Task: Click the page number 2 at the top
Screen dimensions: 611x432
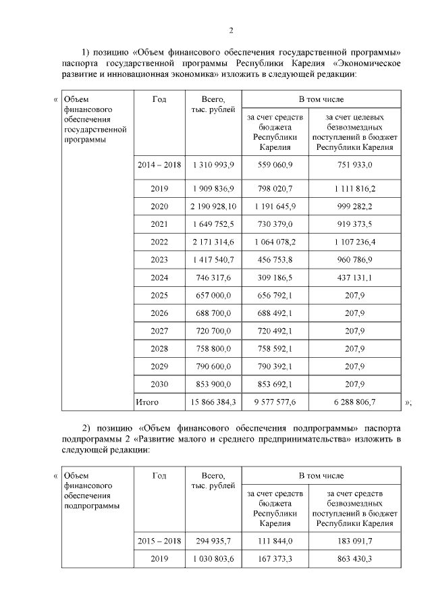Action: click(230, 30)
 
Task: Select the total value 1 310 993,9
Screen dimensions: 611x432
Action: click(213, 165)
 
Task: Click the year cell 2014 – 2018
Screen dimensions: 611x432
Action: click(159, 165)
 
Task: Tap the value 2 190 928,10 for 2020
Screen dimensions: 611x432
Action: click(213, 207)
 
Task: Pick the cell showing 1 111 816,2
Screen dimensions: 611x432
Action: click(350, 189)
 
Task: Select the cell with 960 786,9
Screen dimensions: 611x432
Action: click(350, 259)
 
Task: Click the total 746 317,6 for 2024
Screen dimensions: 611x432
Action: click(213, 277)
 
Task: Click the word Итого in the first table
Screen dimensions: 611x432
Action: click(147, 402)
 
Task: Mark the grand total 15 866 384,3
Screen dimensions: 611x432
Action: click(213, 402)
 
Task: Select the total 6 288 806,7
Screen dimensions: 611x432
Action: click(350, 402)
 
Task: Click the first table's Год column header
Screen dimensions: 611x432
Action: click(159, 99)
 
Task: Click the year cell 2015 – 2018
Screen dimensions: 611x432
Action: click(159, 541)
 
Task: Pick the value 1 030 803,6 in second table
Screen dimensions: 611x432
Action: click(213, 559)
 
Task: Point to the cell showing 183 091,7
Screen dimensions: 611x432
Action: click(350, 541)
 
